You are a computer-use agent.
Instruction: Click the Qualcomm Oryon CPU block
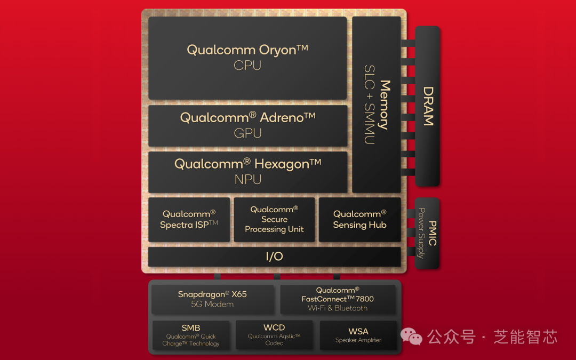[247, 58]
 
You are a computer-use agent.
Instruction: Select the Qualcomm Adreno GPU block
[247, 126]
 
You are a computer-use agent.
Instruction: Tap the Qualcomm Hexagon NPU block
[247, 172]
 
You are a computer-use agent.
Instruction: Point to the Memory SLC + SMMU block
[377, 105]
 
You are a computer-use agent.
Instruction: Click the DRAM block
[428, 106]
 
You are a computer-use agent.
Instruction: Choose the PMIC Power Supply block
[427, 233]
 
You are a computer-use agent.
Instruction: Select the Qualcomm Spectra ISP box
[189, 220]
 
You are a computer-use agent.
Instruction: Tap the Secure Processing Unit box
[275, 220]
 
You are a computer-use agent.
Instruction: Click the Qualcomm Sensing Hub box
[360, 220]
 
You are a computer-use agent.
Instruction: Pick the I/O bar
[275, 257]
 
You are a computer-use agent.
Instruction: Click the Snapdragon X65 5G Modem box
[213, 299]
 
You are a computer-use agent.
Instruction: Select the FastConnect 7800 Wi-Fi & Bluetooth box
[338, 299]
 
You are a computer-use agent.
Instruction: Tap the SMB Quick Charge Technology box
[191, 335]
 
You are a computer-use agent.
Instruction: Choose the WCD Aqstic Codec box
[275, 335]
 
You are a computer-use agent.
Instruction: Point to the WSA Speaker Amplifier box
[358, 335]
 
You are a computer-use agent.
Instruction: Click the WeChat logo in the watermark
[411, 336]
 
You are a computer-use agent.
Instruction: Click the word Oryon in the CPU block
[277, 50]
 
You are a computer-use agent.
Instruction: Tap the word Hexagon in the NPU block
[282, 164]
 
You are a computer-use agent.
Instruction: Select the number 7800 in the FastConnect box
[365, 299]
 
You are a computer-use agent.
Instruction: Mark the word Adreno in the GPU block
[282, 117]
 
